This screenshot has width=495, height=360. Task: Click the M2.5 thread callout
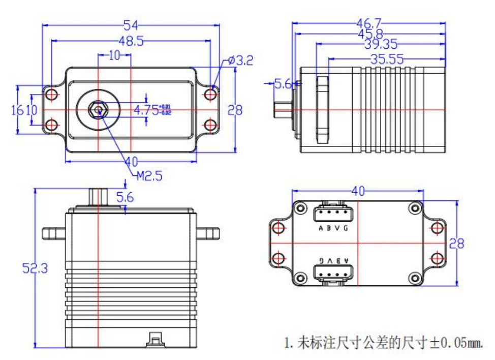(x=149, y=176)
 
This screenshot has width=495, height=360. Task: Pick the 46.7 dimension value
(x=368, y=23)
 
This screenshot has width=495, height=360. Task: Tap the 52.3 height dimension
(x=35, y=268)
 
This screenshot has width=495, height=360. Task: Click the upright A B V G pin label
(x=333, y=228)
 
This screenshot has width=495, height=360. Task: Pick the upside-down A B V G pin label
(x=333, y=260)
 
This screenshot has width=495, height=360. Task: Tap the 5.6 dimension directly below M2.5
(x=125, y=197)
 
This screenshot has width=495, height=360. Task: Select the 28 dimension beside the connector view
(x=456, y=244)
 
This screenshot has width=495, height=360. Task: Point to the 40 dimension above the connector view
(x=358, y=191)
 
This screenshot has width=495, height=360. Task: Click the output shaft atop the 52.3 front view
(x=98, y=196)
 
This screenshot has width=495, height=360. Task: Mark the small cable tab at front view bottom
(x=154, y=339)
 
